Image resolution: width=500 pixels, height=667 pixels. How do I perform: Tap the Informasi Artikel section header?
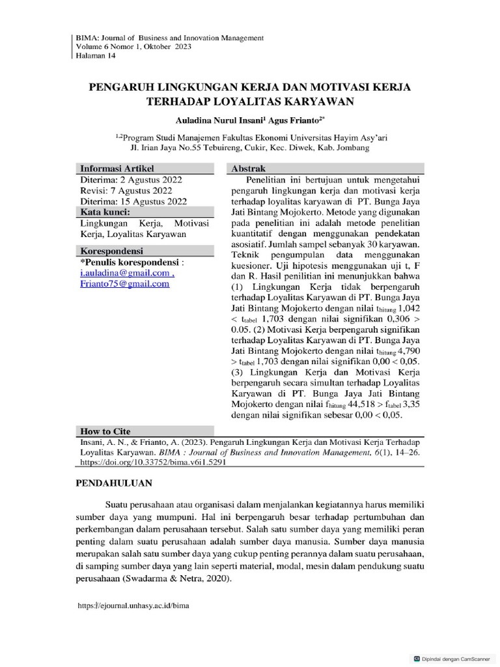[x=117, y=169]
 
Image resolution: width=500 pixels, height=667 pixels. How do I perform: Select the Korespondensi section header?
[x=111, y=251]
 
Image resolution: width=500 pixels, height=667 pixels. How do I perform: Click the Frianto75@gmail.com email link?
[x=124, y=284]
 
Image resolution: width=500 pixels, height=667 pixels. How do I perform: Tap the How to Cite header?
[x=105, y=431]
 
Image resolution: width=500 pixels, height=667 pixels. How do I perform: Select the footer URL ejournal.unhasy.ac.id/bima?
[x=133, y=605]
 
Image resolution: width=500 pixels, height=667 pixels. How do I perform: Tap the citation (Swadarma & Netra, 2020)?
[x=176, y=578]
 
